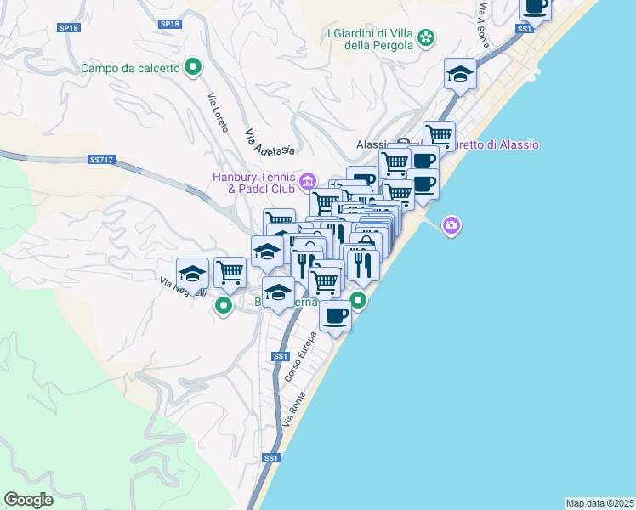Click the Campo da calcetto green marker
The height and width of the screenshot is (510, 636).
tap(193, 65)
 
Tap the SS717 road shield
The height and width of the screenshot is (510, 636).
tap(100, 160)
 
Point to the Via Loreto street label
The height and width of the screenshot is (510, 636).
tap(219, 110)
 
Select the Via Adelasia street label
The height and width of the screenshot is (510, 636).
tap(269, 143)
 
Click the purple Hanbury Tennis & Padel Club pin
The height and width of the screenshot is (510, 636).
tap(308, 181)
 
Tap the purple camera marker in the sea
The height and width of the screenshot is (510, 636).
tap(451, 225)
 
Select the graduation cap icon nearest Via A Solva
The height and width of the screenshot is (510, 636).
tap(460, 74)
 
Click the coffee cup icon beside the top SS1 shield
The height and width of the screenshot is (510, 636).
tap(536, 7)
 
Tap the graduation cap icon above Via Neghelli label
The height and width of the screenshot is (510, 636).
tap(192, 274)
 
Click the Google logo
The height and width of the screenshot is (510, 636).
tap(28, 500)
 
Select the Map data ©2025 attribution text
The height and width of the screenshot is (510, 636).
tap(599, 502)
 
